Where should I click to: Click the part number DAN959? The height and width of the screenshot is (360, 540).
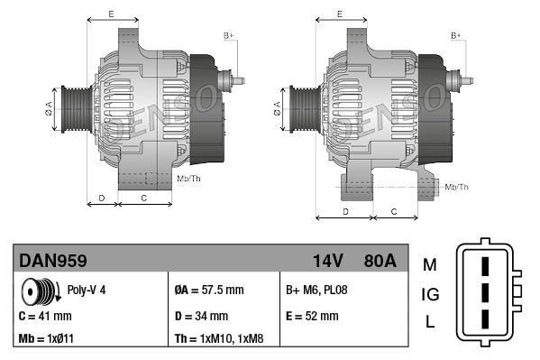click(x=53, y=261)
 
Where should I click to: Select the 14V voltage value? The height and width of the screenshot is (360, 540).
click(x=327, y=261)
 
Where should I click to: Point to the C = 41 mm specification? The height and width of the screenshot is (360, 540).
click(x=45, y=317)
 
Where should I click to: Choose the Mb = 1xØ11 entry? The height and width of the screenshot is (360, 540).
click(x=46, y=340)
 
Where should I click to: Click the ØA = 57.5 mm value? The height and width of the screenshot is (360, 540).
click(x=208, y=291)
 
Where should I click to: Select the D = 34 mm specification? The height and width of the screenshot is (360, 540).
click(x=200, y=317)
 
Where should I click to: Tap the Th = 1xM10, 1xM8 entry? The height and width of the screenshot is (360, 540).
click(x=219, y=340)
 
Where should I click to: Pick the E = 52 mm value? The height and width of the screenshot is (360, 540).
click(x=312, y=317)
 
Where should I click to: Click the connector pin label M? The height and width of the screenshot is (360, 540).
click(x=429, y=264)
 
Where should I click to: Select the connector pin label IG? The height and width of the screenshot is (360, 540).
click(x=430, y=294)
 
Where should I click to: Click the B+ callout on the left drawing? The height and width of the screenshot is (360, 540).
click(x=228, y=35)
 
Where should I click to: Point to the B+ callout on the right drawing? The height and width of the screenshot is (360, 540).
click(x=455, y=35)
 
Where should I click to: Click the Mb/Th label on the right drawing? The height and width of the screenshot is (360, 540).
click(x=457, y=187)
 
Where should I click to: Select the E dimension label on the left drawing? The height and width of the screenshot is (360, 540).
click(x=111, y=14)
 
